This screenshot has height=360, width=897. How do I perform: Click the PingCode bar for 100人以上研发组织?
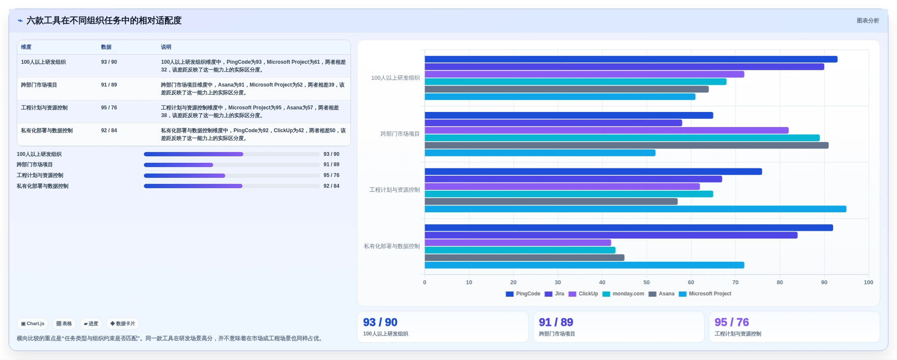coord(631,59)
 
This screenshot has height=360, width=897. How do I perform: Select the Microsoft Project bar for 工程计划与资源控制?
coord(636,209)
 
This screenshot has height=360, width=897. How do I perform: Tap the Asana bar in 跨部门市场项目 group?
coord(627,146)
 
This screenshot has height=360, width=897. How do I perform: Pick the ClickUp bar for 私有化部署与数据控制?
coord(518,243)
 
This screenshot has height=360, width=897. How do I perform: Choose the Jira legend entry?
coord(554,294)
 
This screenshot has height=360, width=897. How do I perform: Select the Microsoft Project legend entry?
coord(705,294)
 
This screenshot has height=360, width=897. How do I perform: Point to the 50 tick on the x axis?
coord(646,282)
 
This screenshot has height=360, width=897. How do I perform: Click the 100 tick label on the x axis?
coord(868,282)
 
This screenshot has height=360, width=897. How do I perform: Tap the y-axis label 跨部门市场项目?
coord(400,134)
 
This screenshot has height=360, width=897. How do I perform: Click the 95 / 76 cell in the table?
coord(109,108)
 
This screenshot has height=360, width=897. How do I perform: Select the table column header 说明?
coord(166,47)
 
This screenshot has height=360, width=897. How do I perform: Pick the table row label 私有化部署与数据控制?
coord(47,130)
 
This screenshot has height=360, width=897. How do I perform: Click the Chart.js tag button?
coord(33,324)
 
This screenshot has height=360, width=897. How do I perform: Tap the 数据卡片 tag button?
coord(123,324)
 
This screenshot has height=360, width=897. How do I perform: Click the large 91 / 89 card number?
coord(556,322)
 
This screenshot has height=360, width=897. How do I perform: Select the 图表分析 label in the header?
coord(868,21)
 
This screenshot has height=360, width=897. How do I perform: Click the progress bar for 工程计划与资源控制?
coord(232,176)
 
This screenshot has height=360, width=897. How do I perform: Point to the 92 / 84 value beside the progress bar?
coord(332,186)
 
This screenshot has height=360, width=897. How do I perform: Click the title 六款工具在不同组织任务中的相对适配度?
coord(104,21)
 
